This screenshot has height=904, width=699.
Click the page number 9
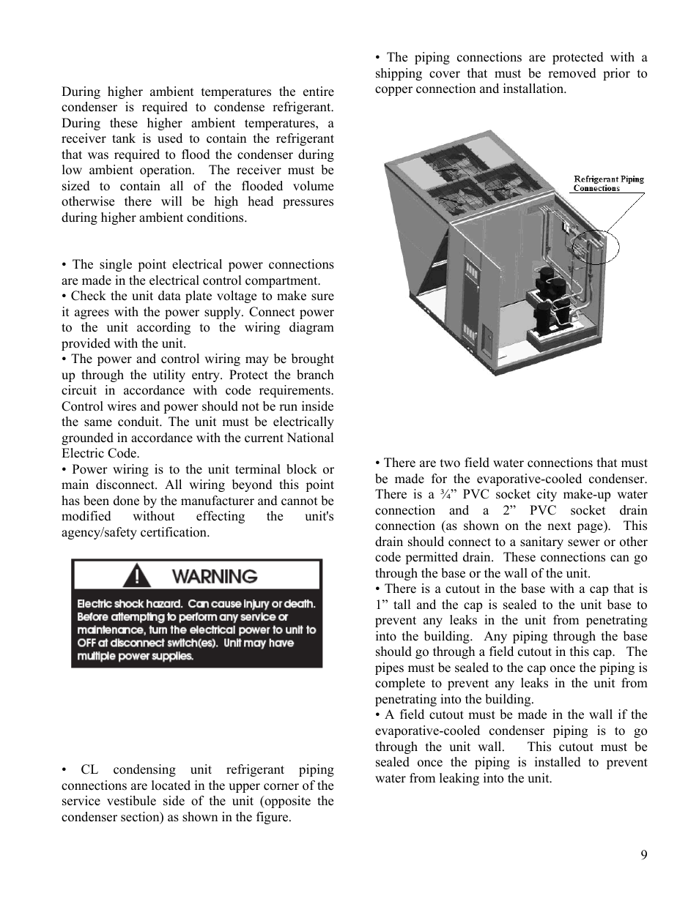643,855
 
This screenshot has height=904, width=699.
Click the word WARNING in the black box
215,576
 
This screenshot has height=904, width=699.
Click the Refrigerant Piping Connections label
608,183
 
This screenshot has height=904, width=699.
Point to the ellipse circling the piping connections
594,247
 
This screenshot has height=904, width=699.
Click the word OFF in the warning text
87,643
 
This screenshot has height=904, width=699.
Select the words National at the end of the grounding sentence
311,438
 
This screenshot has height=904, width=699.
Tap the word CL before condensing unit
89,769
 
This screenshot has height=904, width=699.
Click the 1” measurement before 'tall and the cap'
382,605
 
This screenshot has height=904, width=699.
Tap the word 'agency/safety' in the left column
98,532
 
